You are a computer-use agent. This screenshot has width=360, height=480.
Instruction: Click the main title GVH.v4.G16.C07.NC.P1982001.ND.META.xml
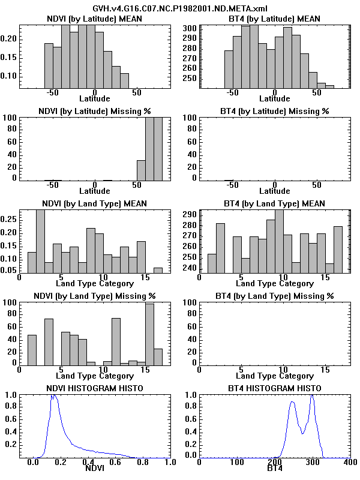tap(180, 8)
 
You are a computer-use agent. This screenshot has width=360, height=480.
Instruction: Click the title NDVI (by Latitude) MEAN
tap(95, 19)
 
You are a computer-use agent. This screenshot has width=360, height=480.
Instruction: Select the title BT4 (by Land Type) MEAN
tap(275, 203)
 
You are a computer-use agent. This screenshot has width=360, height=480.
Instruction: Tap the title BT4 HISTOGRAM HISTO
tap(275, 389)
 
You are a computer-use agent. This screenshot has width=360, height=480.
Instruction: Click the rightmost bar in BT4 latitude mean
tap(329, 88)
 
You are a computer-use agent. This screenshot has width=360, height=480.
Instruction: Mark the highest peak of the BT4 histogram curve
tap(312, 397)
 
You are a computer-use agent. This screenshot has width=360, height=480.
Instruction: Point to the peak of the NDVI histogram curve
tap(54, 396)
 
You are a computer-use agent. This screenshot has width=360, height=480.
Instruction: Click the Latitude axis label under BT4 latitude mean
tap(274, 98)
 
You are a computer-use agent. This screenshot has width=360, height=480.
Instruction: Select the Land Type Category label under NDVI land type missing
tap(95, 376)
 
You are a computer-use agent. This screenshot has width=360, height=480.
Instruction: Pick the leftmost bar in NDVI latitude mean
tap(49, 67)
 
